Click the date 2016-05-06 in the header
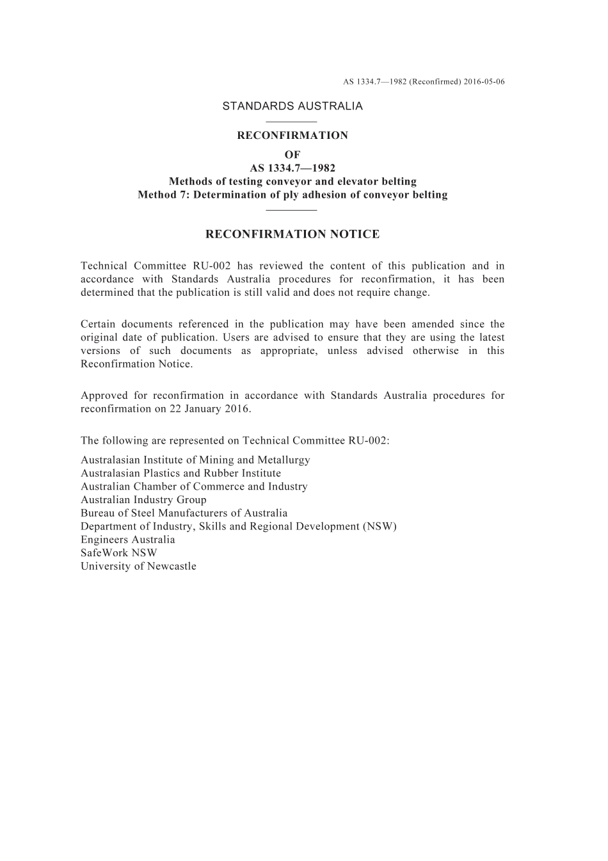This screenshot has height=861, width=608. (484, 82)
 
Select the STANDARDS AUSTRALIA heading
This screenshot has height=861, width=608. (292, 106)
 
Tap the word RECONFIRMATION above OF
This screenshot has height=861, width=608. (292, 136)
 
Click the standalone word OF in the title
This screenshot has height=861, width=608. (292, 154)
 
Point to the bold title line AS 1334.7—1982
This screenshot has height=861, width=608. (292, 168)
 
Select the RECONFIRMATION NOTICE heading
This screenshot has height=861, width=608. (292, 234)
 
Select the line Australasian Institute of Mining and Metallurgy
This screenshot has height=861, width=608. (195, 460)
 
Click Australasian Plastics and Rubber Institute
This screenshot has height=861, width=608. (180, 474)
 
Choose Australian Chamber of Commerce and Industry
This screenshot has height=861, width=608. (194, 487)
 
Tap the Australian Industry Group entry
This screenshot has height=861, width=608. (143, 500)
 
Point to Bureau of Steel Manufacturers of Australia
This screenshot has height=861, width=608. (184, 513)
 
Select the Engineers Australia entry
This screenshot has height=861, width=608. (128, 540)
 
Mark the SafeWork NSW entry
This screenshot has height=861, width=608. (119, 553)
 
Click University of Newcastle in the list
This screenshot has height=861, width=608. (138, 567)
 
